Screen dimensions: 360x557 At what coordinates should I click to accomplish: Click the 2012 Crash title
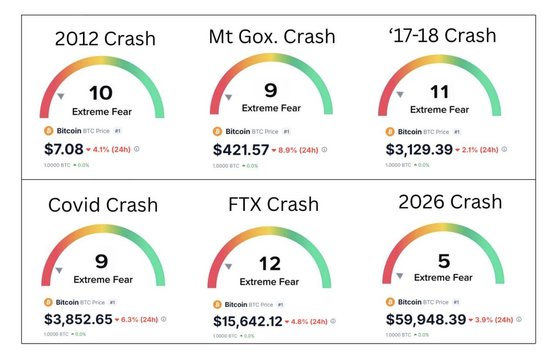[x=105, y=39]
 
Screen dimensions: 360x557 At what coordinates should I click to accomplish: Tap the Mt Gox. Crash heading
[x=272, y=36]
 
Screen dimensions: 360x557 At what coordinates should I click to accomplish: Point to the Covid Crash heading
[x=103, y=205]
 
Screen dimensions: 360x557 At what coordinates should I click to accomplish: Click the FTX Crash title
[x=273, y=204]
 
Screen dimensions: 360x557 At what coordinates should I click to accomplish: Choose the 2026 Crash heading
[x=450, y=202]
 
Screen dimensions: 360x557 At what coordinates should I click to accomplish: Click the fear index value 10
[x=101, y=93]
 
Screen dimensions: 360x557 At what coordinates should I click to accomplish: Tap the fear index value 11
[x=439, y=92]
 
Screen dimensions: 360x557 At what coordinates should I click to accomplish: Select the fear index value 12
[x=270, y=264]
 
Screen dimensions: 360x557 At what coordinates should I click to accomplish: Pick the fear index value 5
[x=444, y=261]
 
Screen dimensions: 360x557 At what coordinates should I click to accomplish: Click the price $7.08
[x=64, y=149]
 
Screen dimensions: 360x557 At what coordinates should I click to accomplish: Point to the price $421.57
[x=241, y=150]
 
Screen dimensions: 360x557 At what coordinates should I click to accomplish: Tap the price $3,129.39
[x=419, y=149]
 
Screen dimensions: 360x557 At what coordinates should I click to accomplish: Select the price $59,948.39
[x=426, y=320]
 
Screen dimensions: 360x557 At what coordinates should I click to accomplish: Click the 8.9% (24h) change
[x=298, y=150]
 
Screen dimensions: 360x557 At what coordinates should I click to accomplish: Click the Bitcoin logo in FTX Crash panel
[x=217, y=304]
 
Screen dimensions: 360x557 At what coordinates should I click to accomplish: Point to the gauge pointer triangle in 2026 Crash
[x=399, y=276]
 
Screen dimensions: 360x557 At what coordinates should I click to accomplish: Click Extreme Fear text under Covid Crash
[x=103, y=280]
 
